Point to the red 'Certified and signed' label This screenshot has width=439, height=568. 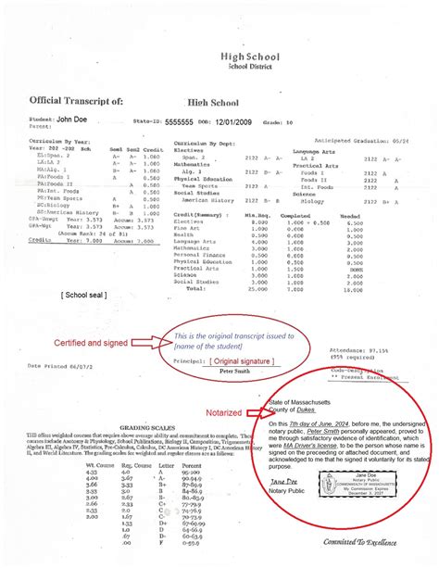(78, 342)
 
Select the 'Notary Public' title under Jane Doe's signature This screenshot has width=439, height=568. (294, 493)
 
